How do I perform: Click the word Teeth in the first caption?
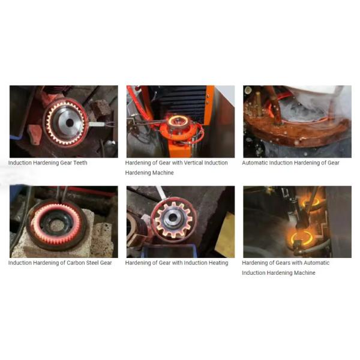[80, 163]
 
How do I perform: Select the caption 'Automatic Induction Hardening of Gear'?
[290, 163]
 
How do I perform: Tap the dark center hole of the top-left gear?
[70, 123]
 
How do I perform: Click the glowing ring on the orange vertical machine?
[176, 121]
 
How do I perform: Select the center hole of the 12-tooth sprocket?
[173, 217]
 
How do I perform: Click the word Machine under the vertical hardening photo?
[163, 173]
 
